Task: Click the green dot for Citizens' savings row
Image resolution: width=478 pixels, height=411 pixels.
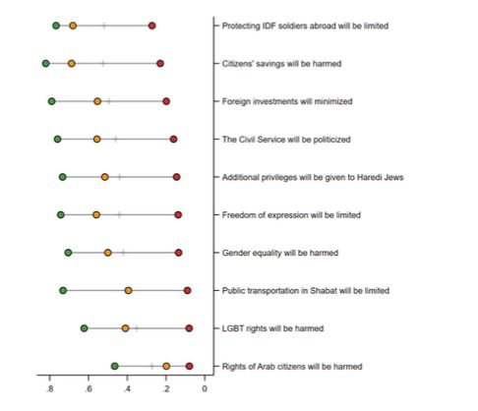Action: (46, 63)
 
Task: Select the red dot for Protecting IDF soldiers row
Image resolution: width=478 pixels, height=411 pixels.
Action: (151, 26)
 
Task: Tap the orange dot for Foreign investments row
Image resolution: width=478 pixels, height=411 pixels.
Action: (97, 101)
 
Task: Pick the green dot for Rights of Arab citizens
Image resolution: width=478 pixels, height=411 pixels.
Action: (114, 366)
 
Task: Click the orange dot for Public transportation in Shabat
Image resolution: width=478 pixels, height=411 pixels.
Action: (129, 290)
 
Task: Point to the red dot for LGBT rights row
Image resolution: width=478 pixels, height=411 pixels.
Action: (189, 328)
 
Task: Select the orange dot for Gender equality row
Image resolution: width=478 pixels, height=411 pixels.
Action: (108, 253)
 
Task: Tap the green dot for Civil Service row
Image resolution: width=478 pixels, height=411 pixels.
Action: (58, 140)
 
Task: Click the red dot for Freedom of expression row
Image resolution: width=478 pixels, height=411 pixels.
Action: (178, 214)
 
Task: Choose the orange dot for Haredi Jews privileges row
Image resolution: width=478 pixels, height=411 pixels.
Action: (105, 177)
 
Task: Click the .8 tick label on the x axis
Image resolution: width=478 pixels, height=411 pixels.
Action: (49, 389)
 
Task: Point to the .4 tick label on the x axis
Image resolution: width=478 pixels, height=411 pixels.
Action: (127, 389)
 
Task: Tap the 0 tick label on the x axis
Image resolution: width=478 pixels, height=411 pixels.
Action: (205, 389)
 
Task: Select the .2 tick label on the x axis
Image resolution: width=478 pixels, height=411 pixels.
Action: (166, 389)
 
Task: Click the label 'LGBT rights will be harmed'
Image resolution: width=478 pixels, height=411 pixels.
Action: (272, 328)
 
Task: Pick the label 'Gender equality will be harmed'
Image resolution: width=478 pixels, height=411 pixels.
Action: (280, 253)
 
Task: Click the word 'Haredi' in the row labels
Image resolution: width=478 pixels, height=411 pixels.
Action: (368, 177)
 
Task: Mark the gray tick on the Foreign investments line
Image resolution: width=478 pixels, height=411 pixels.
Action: (109, 101)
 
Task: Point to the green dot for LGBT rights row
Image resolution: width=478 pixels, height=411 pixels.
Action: (85, 328)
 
